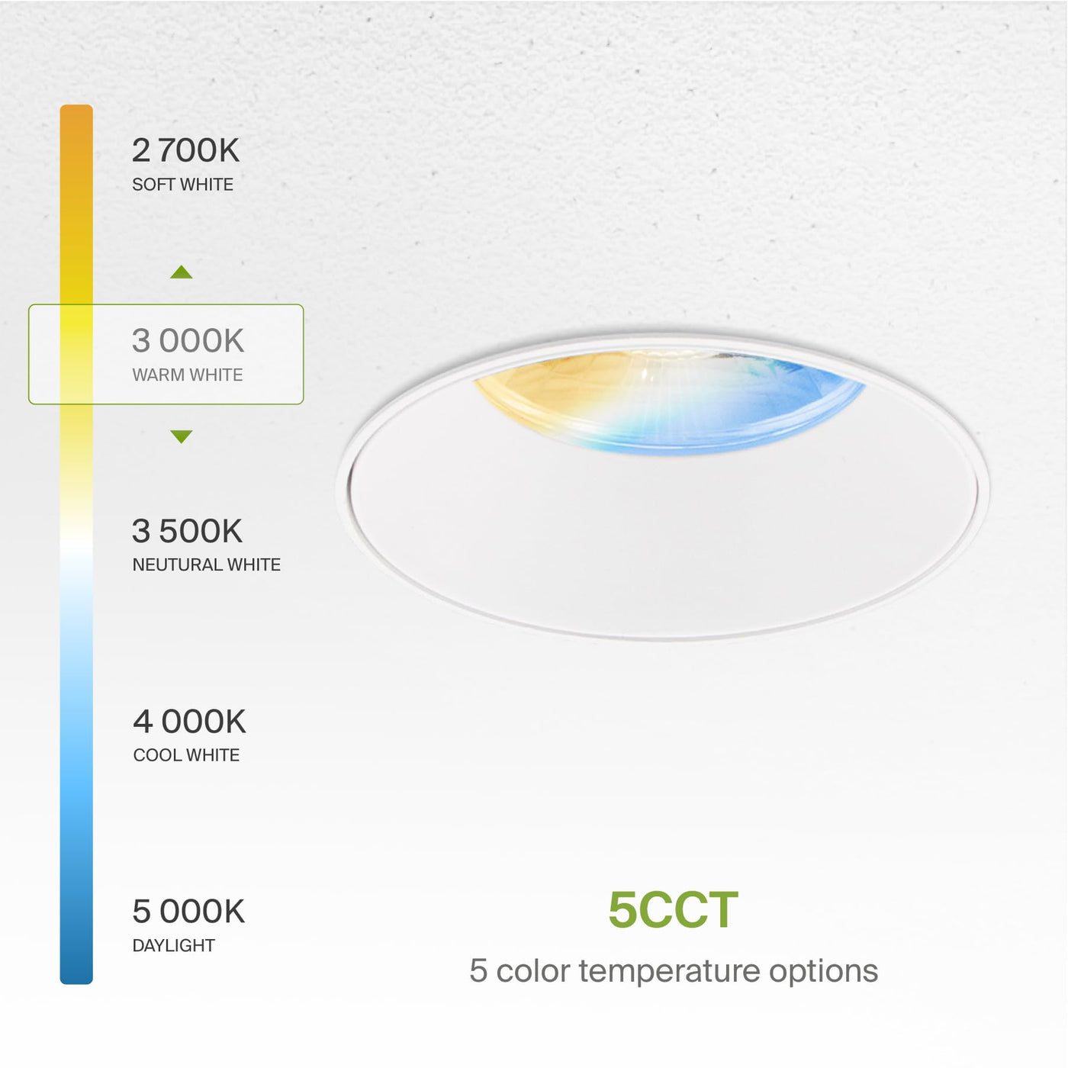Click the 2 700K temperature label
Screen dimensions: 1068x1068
pyautogui.click(x=185, y=150)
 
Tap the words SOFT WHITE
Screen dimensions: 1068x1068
pyautogui.click(x=183, y=185)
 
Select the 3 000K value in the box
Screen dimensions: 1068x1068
pyautogui.click(x=188, y=340)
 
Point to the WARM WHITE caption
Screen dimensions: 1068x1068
pyautogui.click(x=188, y=375)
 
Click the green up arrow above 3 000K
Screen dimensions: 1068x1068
pyautogui.click(x=182, y=272)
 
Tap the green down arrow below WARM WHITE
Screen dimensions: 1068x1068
pyautogui.click(x=182, y=436)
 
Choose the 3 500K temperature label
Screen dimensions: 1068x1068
pyautogui.click(x=188, y=531)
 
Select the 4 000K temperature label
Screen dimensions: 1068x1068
pyautogui.click(x=189, y=722)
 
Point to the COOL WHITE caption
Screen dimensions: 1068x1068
pyautogui.click(x=186, y=755)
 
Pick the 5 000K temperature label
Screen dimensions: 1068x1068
pyautogui.click(x=188, y=912)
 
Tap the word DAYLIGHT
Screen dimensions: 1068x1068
pyautogui.click(x=173, y=945)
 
